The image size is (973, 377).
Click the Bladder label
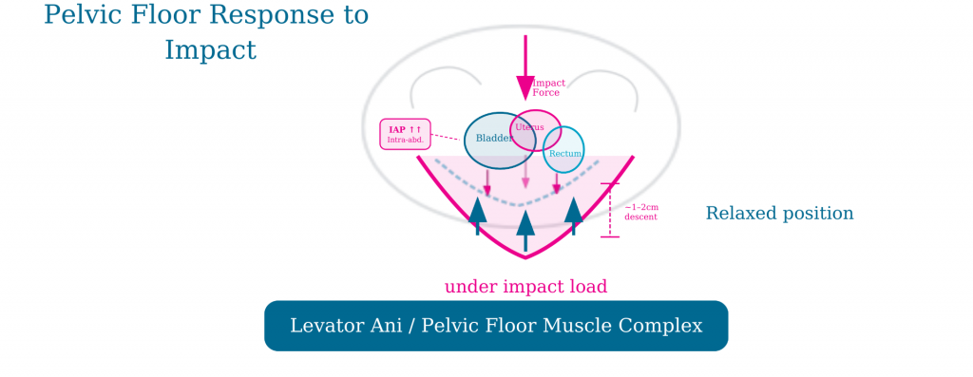click(494, 139)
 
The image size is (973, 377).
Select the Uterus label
click(528, 126)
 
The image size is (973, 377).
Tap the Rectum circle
click(564, 153)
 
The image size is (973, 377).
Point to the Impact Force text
click(548, 87)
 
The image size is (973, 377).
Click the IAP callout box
click(406, 134)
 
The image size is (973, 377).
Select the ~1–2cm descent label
click(640, 212)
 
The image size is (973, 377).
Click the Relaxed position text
click(779, 214)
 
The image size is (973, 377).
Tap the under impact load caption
click(525, 286)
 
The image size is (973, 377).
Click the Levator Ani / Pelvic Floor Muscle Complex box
click(496, 326)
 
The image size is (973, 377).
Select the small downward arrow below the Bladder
click(487, 183)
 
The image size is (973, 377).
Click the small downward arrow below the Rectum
click(557, 182)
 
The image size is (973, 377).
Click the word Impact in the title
click(210, 48)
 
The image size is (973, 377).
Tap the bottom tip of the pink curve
click(525, 256)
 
